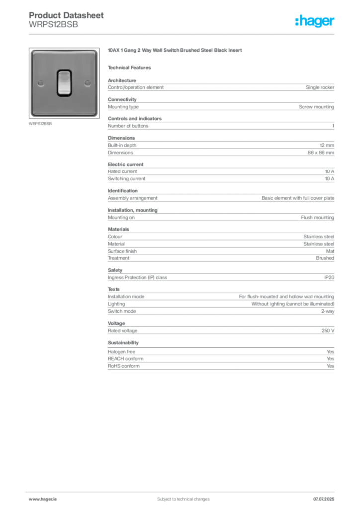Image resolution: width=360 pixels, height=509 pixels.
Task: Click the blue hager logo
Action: [315, 21]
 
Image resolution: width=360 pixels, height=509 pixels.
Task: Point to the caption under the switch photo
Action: [41, 124]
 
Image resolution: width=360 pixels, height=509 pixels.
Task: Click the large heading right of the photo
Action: [175, 51]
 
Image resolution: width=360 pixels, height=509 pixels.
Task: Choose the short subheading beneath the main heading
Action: [131, 67]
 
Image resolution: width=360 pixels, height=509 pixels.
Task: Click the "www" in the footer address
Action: [33, 499]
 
